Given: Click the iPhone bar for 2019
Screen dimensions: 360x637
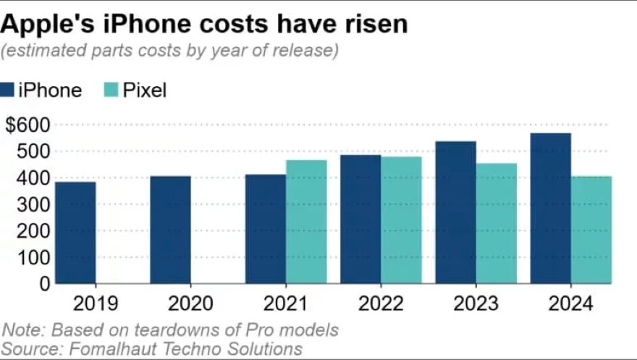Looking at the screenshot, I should (75, 233).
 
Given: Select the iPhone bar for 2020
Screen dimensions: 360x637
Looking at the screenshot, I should (171, 230).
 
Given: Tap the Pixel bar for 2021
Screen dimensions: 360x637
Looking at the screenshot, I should (306, 222).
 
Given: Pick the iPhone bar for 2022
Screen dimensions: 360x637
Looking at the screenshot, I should (360, 219).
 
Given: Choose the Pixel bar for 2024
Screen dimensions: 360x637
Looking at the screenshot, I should (591, 230).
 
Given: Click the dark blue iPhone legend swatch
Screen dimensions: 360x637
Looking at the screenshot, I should (7, 91).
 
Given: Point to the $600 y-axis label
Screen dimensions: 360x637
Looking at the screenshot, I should (28, 125).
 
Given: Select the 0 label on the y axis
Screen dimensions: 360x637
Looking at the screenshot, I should (44, 284).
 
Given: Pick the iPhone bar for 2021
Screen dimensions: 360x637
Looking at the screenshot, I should (266, 229).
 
